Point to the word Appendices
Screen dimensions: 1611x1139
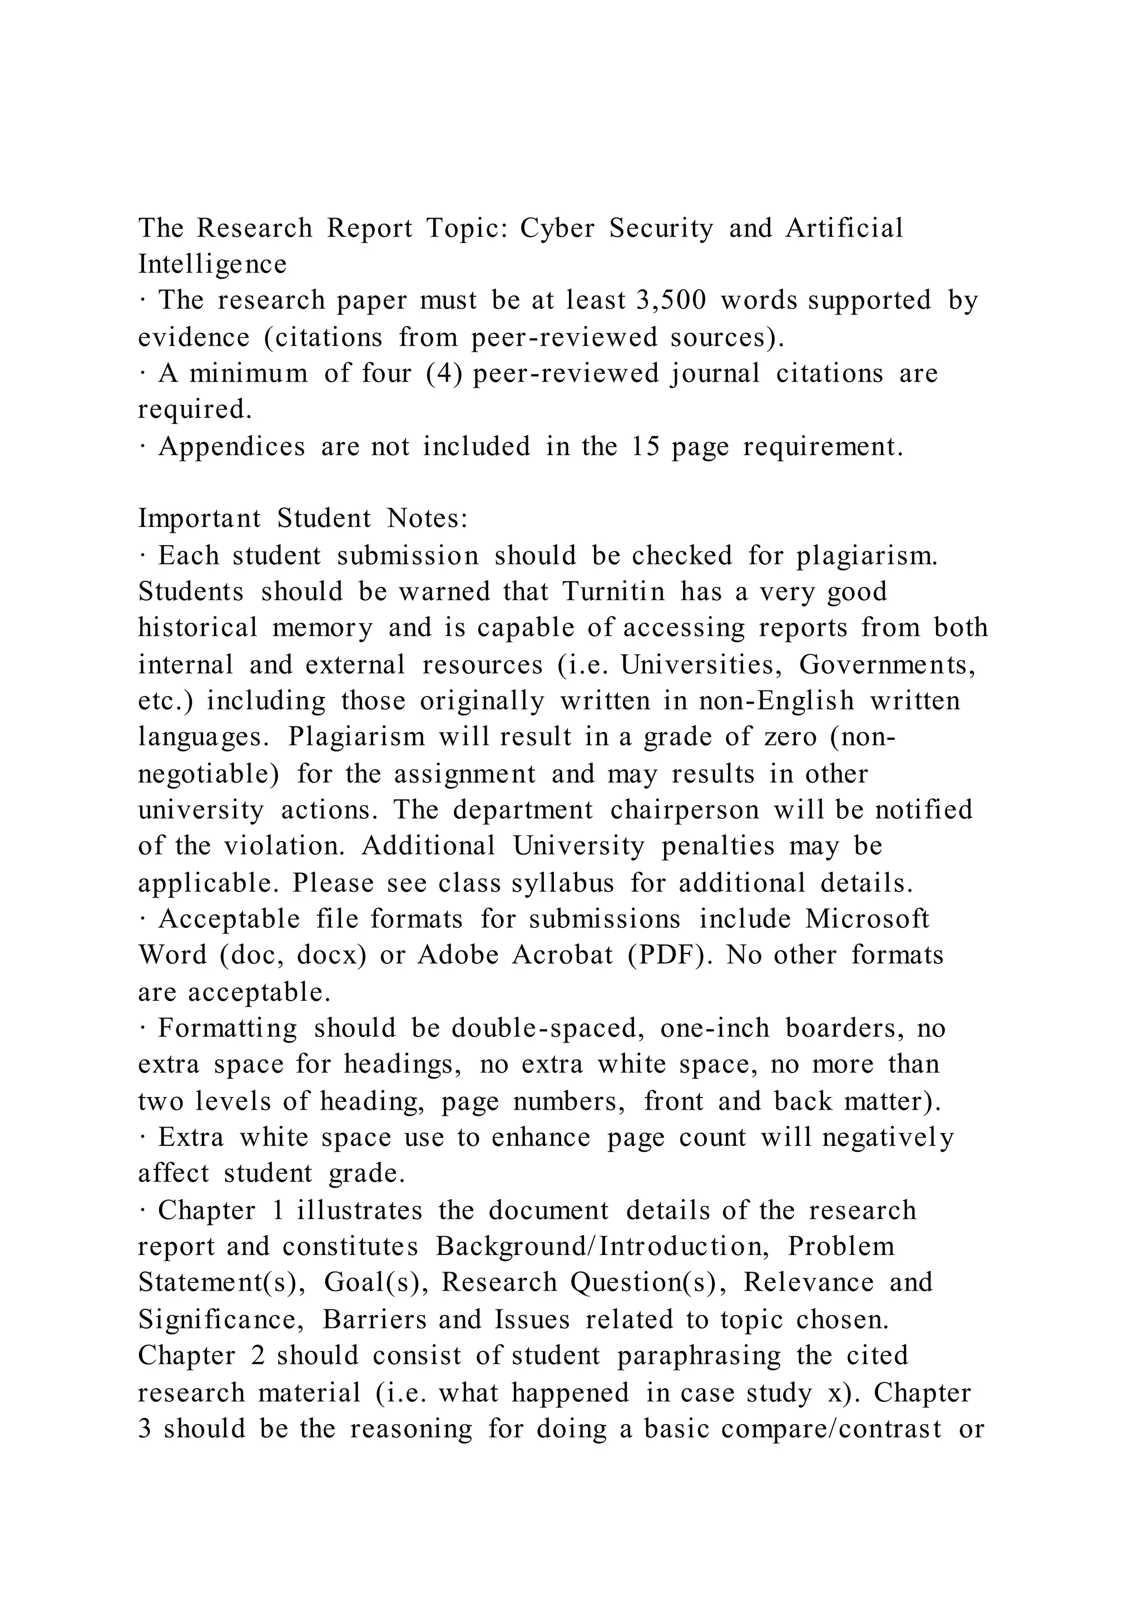point(231,446)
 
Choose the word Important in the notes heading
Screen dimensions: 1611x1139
point(199,518)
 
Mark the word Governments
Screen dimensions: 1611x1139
point(887,664)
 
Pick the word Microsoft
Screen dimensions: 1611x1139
point(867,919)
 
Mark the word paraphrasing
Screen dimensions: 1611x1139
point(699,1356)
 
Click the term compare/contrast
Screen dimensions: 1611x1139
point(831,1429)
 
